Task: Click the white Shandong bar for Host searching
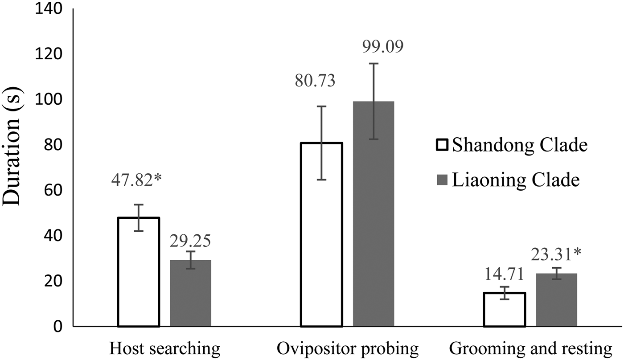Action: click(138, 272)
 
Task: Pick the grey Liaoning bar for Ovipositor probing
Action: click(374, 214)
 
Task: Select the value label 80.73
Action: click(315, 82)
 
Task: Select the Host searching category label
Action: click(165, 349)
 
